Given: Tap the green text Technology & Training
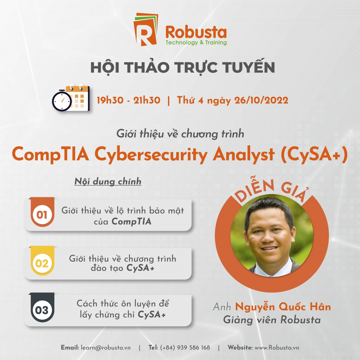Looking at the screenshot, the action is coord(196,43).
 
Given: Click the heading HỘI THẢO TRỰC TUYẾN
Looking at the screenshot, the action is coord(182,67).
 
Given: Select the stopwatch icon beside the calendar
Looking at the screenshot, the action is coord(62,101).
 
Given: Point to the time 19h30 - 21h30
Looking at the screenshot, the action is coord(128,100).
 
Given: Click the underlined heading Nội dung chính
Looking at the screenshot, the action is coord(108,181).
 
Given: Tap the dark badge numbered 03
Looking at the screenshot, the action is coord(42,308).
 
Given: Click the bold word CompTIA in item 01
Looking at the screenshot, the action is coord(131,222).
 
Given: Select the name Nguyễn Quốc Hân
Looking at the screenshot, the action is coord(283,307).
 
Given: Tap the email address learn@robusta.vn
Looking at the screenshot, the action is coord(106,348).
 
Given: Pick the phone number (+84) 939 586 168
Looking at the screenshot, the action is coord(185,348).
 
